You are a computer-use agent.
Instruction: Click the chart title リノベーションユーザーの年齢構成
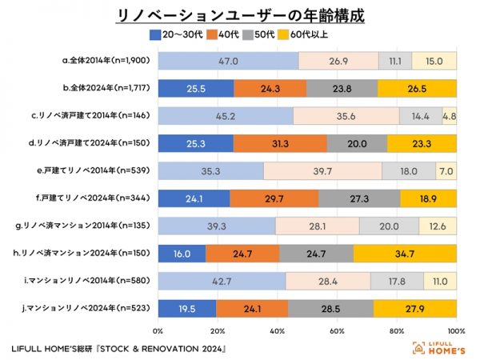240,15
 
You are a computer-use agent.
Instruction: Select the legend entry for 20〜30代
176,34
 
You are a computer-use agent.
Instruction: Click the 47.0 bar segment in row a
228,60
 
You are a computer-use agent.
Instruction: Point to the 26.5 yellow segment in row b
417,87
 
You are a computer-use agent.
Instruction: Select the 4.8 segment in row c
450,115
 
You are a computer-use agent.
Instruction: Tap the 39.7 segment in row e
322,170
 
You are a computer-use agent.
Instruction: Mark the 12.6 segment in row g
438,226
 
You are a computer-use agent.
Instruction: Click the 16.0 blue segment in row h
182,254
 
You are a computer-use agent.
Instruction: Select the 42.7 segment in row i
222,281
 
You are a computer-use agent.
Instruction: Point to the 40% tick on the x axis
278,330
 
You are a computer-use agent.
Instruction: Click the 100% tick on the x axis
455,330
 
